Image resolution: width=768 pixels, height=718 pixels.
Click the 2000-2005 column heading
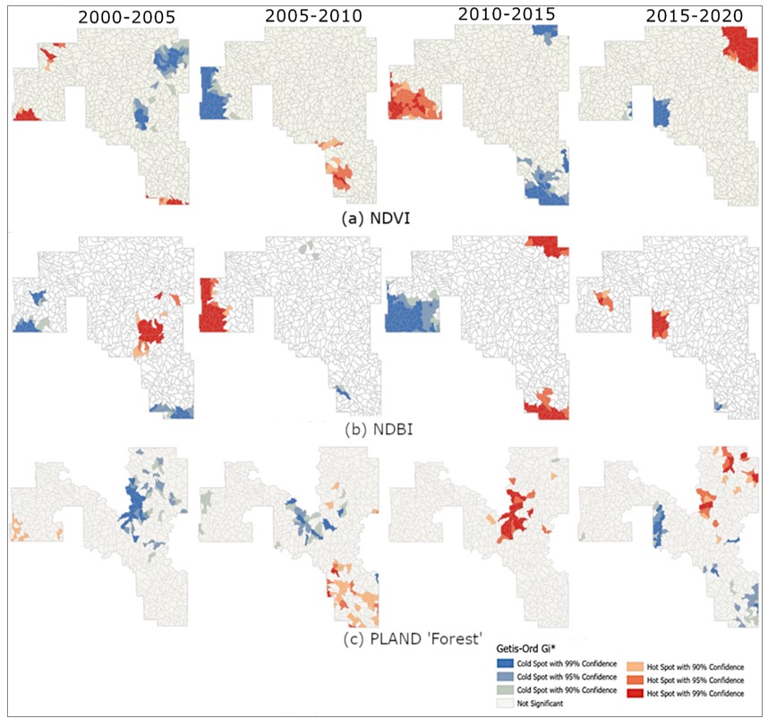click(x=126, y=17)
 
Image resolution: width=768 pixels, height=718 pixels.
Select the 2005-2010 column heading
click(x=313, y=16)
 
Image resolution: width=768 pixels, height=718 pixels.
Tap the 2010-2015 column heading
click(x=507, y=14)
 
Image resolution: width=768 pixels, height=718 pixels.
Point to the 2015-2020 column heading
click(x=694, y=16)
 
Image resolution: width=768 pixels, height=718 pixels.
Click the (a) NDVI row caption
click(x=375, y=218)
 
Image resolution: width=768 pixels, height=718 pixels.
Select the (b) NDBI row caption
click(x=379, y=429)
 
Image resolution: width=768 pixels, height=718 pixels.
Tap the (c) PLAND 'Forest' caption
click(x=413, y=638)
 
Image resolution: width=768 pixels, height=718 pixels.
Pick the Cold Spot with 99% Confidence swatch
click(x=505, y=663)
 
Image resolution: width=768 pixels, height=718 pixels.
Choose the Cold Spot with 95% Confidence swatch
click(x=505, y=677)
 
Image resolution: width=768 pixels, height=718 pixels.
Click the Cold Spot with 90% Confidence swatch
click(x=505, y=690)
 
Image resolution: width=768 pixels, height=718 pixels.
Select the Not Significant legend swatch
click(x=505, y=704)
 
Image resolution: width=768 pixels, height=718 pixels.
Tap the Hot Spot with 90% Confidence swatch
click(x=636, y=667)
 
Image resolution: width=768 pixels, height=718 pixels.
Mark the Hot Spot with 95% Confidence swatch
click(x=636, y=680)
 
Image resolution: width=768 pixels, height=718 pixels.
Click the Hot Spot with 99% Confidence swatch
click(x=636, y=693)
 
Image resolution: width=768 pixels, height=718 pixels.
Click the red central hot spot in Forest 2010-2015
click(x=516, y=514)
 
